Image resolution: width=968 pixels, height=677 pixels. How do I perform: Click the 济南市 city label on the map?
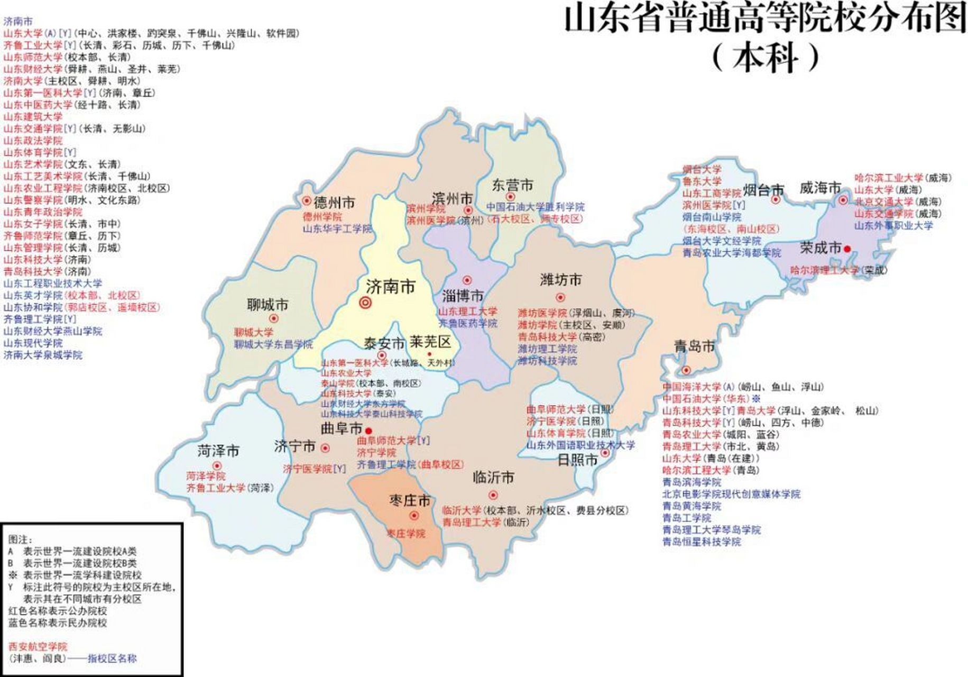pos(390,287)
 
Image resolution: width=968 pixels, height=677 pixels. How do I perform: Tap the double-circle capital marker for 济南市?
pos(365,303)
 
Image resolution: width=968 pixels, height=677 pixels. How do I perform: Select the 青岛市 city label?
pos(694,347)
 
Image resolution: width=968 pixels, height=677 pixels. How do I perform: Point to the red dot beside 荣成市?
pos(847,249)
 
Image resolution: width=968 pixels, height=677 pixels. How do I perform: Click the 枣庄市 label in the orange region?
pos(410,500)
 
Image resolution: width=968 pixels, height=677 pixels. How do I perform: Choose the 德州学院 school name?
pos(322,217)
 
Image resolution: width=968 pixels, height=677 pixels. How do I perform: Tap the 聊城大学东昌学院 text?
pos(273,344)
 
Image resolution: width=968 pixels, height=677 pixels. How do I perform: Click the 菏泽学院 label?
pos(206,476)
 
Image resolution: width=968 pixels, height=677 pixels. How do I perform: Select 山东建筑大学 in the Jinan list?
pos(33,116)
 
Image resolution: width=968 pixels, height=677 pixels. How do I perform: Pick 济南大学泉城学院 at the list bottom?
pos(43,355)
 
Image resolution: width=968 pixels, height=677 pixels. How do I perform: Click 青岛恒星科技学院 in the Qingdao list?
pos(702,542)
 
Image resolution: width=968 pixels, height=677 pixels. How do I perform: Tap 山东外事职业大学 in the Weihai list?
pos(893,225)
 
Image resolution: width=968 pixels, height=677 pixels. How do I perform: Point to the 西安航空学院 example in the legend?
pos(38,646)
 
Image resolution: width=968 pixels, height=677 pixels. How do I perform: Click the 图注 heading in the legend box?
pos(20,539)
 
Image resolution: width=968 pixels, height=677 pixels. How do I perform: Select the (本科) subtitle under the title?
pos(766,57)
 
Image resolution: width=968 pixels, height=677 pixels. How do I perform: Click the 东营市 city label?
pos(512,185)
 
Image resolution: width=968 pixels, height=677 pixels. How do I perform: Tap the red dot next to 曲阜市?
pos(368,431)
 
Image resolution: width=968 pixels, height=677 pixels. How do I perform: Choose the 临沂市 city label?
pos(493,478)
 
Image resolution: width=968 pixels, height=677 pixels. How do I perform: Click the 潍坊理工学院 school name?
pos(547,349)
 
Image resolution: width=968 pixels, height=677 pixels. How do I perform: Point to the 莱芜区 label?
pos(430,342)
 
